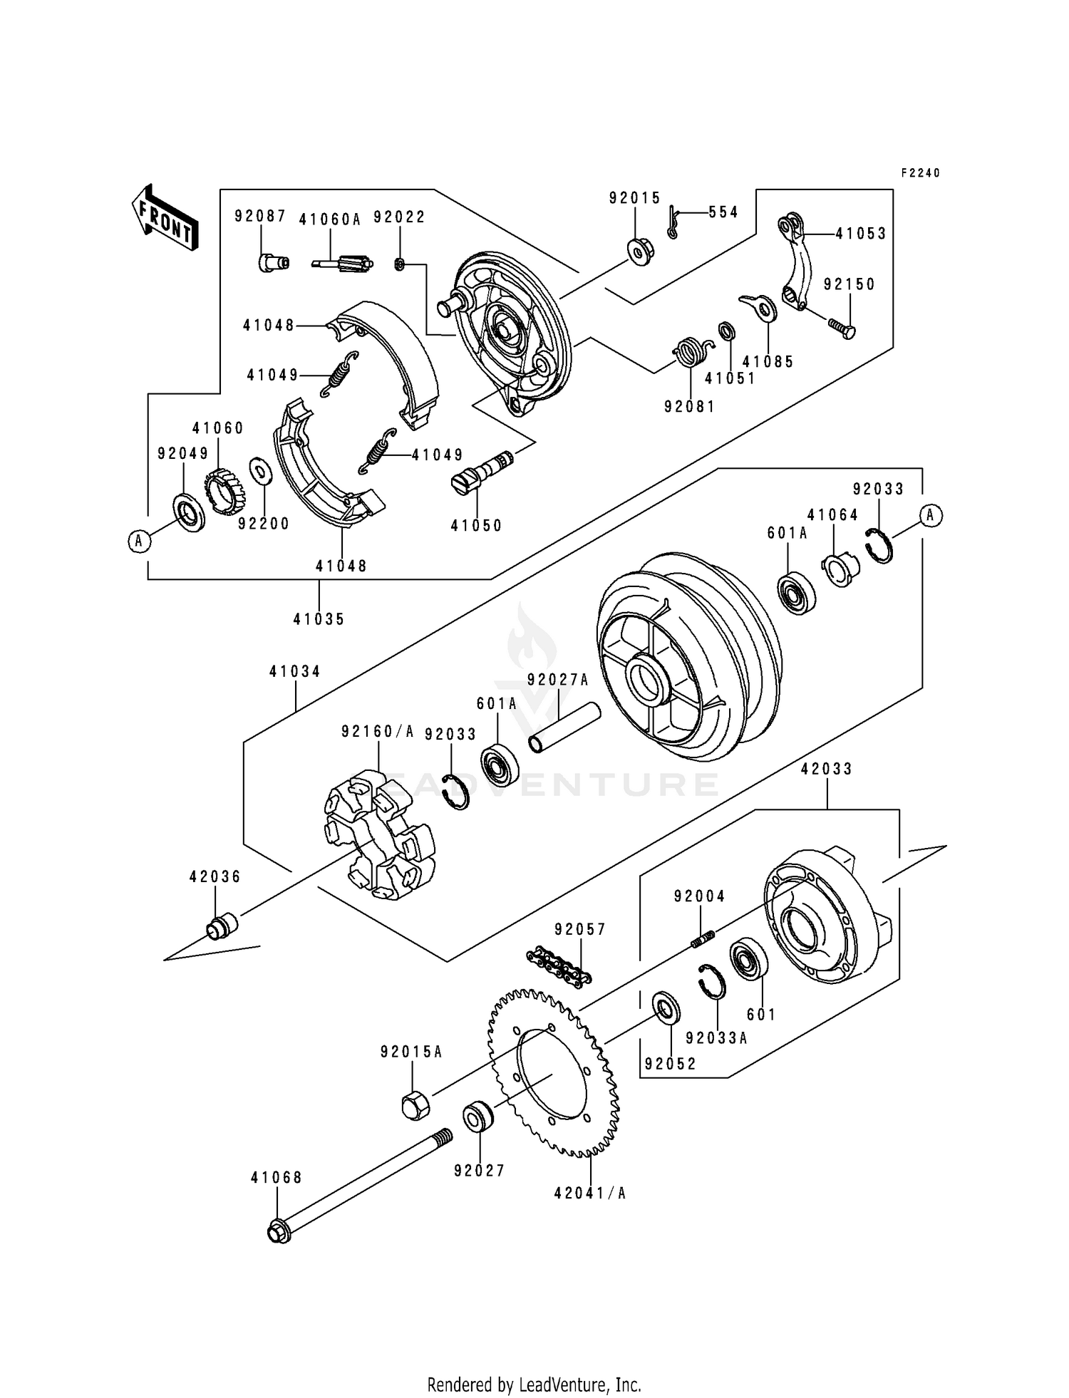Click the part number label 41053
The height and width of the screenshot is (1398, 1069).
point(861,234)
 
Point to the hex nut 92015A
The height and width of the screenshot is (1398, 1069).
point(415,1105)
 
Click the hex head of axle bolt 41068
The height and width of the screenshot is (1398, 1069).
point(279,1232)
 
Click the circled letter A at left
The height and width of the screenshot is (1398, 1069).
point(140,542)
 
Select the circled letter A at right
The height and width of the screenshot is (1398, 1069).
point(931,515)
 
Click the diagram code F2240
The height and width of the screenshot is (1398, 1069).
point(920,173)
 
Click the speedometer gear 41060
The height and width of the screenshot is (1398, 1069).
point(225,492)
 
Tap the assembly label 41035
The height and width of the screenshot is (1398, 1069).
point(319,619)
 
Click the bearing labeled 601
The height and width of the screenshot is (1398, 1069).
point(748,959)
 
